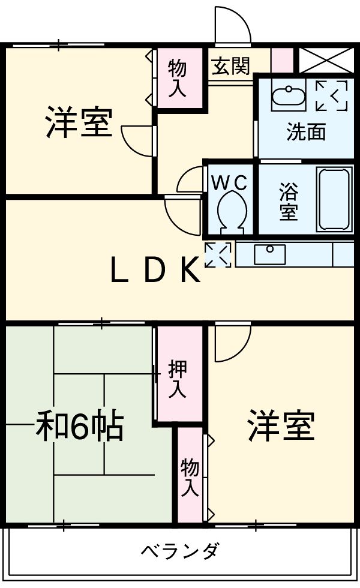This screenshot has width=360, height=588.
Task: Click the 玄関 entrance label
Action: [x=230, y=66]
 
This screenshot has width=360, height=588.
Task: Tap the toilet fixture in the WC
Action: [x=232, y=211]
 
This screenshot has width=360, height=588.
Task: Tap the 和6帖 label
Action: [x=79, y=427]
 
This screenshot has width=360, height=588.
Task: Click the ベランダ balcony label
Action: [x=180, y=550]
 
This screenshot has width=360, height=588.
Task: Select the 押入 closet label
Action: [x=177, y=379]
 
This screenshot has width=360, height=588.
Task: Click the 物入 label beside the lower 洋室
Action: [x=190, y=476]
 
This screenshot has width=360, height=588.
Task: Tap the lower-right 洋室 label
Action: [x=281, y=425]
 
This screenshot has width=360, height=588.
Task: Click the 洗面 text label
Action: [x=306, y=131]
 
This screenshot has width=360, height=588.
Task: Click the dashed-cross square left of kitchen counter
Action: [x=218, y=255]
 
